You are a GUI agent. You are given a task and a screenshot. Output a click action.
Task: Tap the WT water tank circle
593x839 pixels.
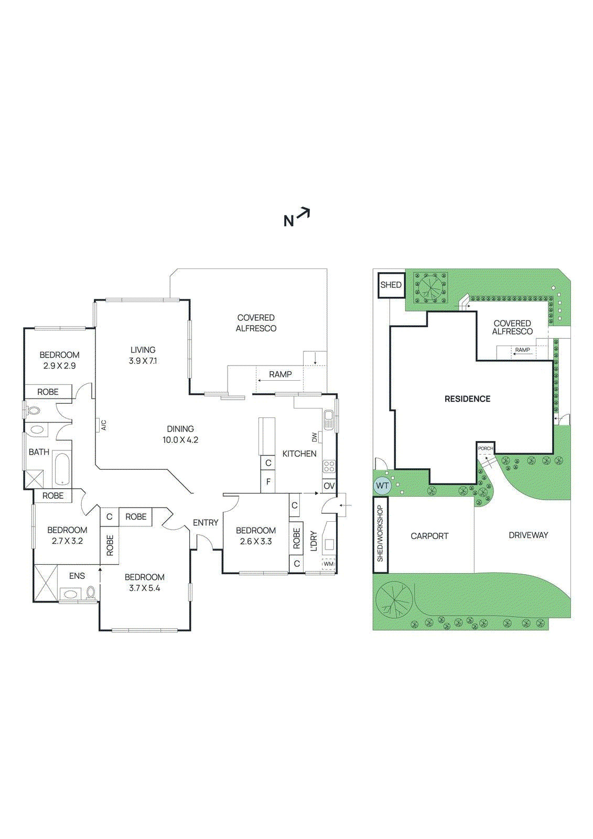(x=382, y=486)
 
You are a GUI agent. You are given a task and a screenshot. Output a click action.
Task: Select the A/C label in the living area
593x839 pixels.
(x=103, y=425)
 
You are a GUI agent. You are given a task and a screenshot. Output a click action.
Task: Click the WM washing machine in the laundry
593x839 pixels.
(x=328, y=564)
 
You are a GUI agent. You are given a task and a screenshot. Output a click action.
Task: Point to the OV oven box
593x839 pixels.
(x=329, y=486)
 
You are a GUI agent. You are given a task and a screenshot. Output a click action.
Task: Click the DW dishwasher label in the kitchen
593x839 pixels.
(x=315, y=437)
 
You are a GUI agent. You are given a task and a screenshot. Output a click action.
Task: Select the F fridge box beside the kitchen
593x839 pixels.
(x=268, y=481)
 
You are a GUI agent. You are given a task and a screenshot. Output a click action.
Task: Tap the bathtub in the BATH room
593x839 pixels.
(x=61, y=468)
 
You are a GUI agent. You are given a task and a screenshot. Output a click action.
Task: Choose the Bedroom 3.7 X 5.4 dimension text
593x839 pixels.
(x=145, y=588)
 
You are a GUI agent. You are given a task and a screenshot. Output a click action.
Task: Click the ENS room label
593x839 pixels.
(x=77, y=576)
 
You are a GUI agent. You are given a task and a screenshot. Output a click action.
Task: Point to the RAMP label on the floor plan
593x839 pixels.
(x=280, y=374)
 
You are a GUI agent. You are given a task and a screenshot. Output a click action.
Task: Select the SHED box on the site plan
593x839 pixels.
(x=391, y=285)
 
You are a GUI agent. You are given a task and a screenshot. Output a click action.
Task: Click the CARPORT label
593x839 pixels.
(x=429, y=536)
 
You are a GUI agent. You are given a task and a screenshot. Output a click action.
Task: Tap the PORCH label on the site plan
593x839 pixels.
(x=486, y=448)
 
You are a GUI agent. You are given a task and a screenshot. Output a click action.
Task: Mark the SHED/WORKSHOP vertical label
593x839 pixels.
(x=380, y=533)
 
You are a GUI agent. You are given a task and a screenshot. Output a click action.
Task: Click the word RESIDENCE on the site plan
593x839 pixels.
(x=467, y=399)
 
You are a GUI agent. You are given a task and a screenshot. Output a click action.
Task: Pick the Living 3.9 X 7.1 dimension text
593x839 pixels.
(x=143, y=361)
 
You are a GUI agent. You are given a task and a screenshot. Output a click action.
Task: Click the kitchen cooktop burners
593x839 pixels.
(x=329, y=466)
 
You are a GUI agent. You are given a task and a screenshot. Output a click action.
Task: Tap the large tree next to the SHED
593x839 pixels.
(x=430, y=287)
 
